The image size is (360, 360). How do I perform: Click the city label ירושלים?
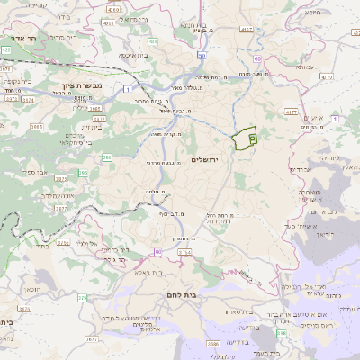205,158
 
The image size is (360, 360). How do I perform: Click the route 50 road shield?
202,54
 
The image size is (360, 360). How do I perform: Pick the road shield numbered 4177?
291,112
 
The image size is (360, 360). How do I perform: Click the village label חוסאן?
31,288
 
